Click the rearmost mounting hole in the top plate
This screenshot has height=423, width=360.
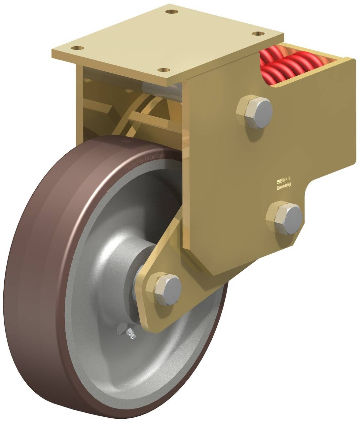170,12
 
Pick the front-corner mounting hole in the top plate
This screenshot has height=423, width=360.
163,70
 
